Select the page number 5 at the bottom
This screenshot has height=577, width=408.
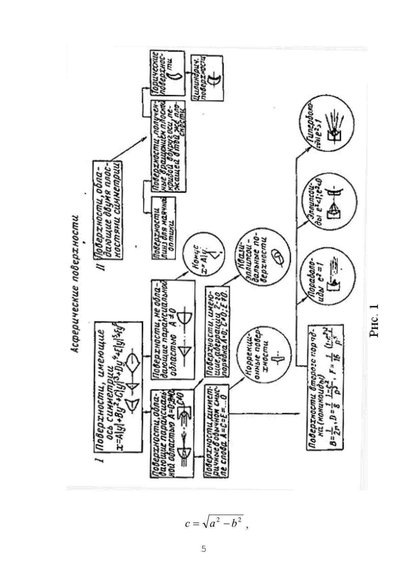click(x=204, y=548)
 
